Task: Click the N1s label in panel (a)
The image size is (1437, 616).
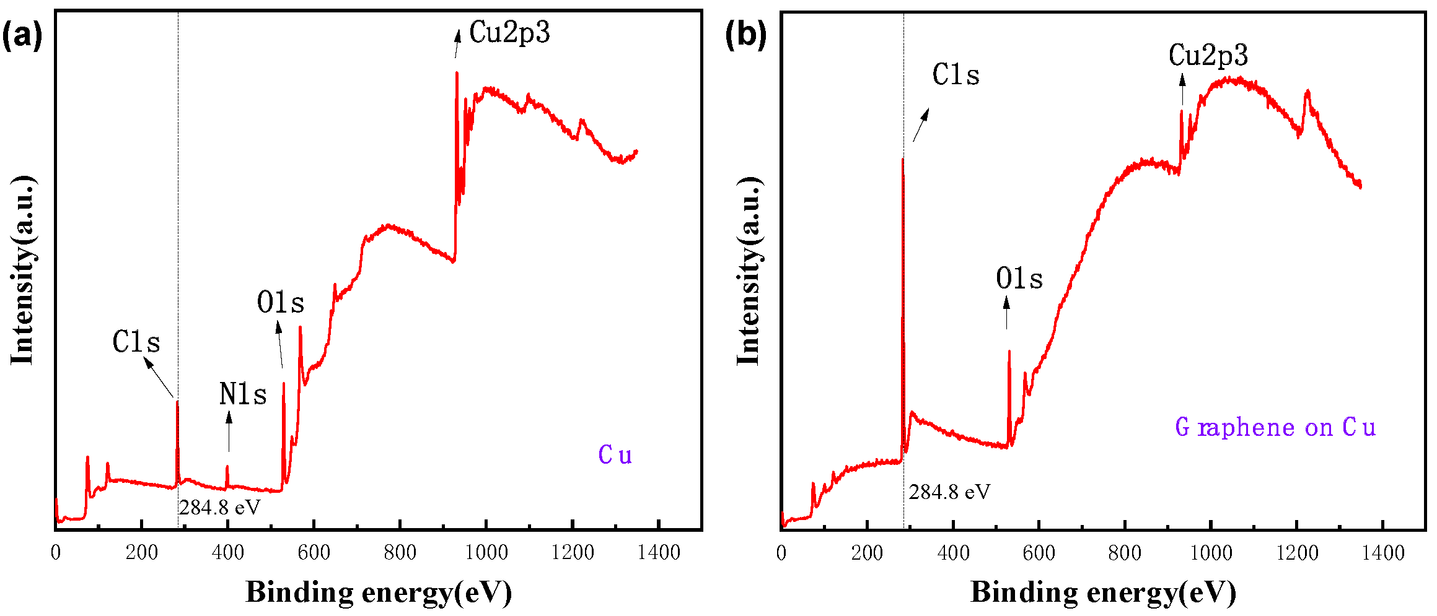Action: tap(243, 394)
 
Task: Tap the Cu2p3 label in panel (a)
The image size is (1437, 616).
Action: tap(509, 32)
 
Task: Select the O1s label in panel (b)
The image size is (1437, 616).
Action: tap(1019, 279)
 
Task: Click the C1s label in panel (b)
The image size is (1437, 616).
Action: tap(956, 75)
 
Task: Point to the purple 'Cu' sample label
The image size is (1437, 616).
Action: tap(615, 455)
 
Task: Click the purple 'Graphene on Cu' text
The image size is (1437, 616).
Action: tap(1275, 427)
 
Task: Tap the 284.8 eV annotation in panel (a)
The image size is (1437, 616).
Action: tap(220, 508)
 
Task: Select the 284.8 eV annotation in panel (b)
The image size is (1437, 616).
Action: tap(949, 492)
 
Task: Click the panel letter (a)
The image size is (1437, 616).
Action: tap(22, 36)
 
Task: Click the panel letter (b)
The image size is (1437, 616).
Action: tap(745, 35)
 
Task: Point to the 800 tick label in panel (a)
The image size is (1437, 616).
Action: tap(400, 552)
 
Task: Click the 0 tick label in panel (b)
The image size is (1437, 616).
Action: tap(781, 552)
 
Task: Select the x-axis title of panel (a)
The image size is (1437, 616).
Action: tap(379, 592)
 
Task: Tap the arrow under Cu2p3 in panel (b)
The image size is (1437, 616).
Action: tap(1182, 90)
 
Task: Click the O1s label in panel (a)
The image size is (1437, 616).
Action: tap(281, 303)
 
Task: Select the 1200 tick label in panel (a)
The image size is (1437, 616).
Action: tap(572, 552)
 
